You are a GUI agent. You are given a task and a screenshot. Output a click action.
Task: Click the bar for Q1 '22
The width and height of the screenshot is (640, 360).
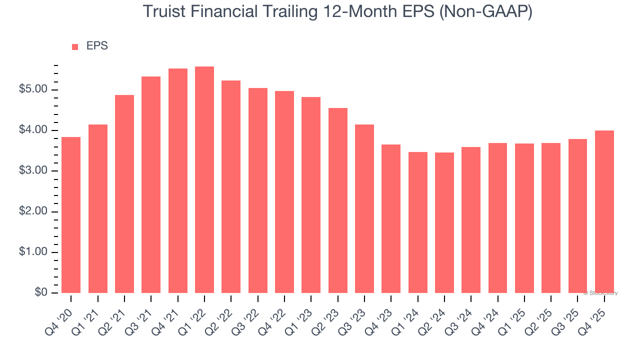(x=204, y=180)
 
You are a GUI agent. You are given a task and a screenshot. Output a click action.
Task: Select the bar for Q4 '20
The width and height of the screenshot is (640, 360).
(x=71, y=215)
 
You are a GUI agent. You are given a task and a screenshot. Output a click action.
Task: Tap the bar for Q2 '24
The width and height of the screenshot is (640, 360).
(x=444, y=223)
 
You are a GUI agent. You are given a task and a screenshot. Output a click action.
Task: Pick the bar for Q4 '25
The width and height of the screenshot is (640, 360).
(x=604, y=212)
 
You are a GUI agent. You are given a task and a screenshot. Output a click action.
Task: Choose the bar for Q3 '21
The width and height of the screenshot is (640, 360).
(x=151, y=185)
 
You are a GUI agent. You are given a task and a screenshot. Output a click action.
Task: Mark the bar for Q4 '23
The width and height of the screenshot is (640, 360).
(x=391, y=219)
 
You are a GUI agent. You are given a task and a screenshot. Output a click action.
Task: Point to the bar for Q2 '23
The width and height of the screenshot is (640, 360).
(x=338, y=200)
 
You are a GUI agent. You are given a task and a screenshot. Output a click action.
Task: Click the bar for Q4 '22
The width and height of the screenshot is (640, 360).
(x=284, y=192)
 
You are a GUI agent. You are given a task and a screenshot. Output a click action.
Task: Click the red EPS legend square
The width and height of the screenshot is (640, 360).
(x=75, y=47)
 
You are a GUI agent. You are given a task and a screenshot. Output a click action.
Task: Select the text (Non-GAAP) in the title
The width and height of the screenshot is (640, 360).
(x=485, y=11)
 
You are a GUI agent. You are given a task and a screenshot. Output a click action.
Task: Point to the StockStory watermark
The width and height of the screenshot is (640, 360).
(x=600, y=293)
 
